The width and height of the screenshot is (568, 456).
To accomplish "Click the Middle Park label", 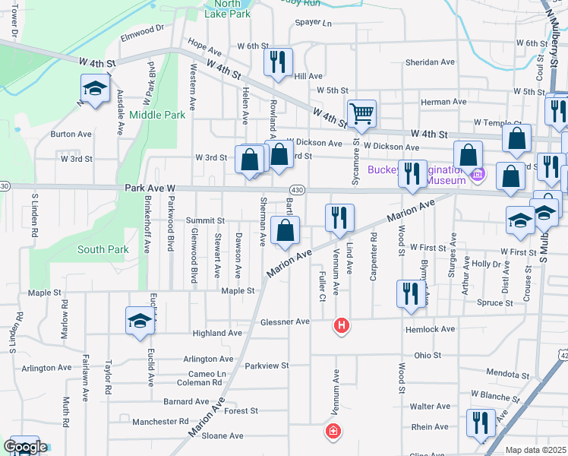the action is pyautogui.click(x=157, y=115).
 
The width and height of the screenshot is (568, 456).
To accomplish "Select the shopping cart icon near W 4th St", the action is pyautogui.click(x=362, y=114).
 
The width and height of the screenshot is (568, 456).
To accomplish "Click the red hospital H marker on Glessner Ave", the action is pyautogui.click(x=342, y=326).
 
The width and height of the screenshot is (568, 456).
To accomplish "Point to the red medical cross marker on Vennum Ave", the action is pyautogui.click(x=332, y=432).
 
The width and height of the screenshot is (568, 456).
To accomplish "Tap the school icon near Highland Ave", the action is pyautogui.click(x=140, y=321).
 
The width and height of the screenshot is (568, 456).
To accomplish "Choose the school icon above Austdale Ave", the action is pyautogui.click(x=95, y=89).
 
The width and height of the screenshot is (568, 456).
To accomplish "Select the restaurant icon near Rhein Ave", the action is pyautogui.click(x=481, y=421).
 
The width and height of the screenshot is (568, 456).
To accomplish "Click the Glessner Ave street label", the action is pyautogui.click(x=285, y=322).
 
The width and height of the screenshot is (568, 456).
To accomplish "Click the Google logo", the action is pyautogui.click(x=24, y=448).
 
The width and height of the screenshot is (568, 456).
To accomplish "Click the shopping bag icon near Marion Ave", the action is pyautogui.click(x=285, y=231).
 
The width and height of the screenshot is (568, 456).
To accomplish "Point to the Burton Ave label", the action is pyautogui.click(x=71, y=134).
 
